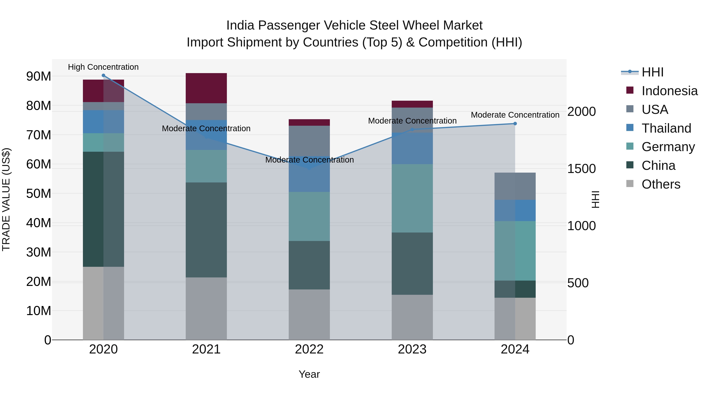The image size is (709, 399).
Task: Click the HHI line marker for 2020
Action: coord(103,75)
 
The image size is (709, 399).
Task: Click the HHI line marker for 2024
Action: coord(515,124)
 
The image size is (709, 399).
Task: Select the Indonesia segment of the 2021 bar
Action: coord(206,88)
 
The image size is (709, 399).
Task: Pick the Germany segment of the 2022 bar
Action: coord(309,216)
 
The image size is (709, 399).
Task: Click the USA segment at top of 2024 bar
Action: coord(515,186)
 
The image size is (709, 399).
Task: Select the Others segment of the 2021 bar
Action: coord(206,308)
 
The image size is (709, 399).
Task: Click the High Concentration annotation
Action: coord(103,67)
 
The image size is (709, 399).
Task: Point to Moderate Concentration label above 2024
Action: coord(515,115)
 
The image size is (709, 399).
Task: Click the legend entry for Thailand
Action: coord(666,128)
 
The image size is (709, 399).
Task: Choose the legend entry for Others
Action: coord(661,184)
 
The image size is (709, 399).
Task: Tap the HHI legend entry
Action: coord(652,72)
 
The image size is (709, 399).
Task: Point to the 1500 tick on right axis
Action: coord(581,169)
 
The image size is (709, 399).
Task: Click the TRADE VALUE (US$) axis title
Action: coord(6,199)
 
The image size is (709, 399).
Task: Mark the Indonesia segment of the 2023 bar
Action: coord(412,104)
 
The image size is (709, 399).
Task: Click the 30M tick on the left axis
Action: coord(39,252)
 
